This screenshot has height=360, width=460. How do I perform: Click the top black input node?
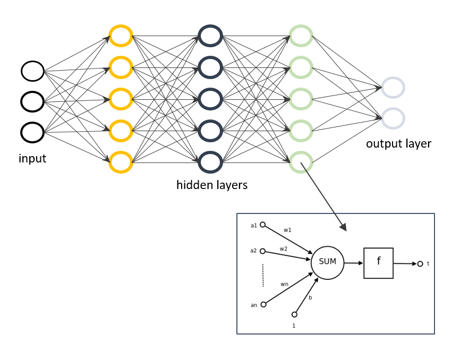click(x=32, y=71)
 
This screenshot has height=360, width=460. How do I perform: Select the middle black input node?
click(x=32, y=102)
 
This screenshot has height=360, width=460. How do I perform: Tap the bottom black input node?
click(x=32, y=132)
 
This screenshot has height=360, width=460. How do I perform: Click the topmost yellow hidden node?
click(x=120, y=36)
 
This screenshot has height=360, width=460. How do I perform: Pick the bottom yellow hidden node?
click(x=120, y=162)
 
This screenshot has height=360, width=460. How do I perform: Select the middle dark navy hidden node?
click(x=210, y=99)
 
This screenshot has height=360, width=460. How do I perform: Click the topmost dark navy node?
click(x=210, y=36)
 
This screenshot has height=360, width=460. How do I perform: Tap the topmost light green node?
click(x=301, y=36)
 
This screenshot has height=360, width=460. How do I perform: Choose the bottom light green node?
click(x=301, y=162)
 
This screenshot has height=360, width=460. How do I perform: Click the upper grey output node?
click(x=393, y=88)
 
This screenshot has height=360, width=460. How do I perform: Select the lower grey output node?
click(x=393, y=118)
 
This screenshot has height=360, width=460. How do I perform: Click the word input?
click(x=32, y=158)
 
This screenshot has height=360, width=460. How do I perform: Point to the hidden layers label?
click(x=212, y=185)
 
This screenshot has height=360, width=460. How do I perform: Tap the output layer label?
click(x=398, y=144)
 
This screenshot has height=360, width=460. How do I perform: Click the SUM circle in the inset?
click(x=327, y=262)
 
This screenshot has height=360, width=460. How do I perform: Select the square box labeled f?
click(x=379, y=263)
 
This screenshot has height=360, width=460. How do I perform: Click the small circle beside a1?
click(x=262, y=225)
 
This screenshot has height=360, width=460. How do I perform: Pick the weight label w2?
click(x=284, y=248)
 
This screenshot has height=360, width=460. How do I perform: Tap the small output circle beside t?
click(x=420, y=263)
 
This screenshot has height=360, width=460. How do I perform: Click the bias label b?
click(x=310, y=297)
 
